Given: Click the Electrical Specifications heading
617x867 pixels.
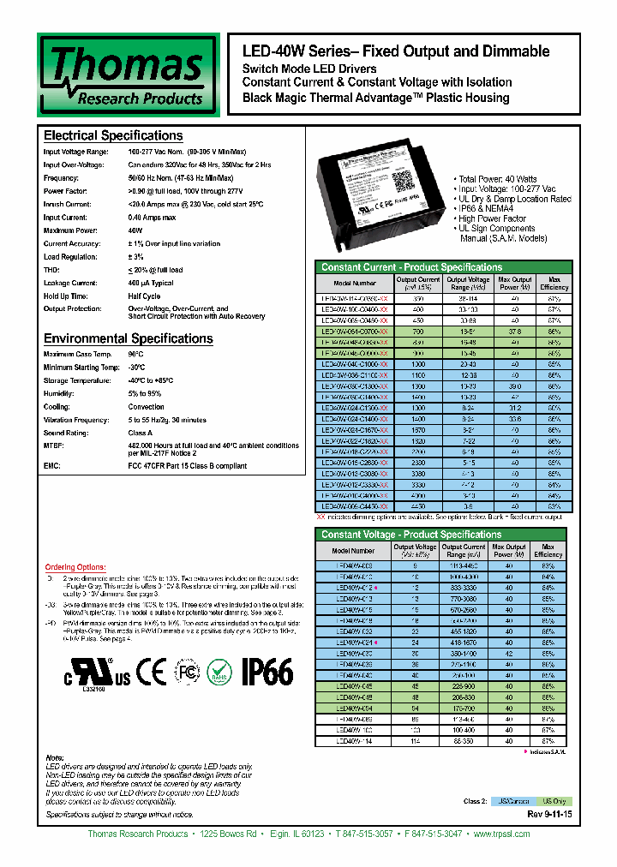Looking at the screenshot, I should pos(113,136).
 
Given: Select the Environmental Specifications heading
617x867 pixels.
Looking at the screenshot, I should pos(128,338).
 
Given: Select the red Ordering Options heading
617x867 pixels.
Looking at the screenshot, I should pos(75,567).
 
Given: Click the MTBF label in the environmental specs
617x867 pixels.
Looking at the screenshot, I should pos(53,445).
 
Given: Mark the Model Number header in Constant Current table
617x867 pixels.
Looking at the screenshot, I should pos(355,283).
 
